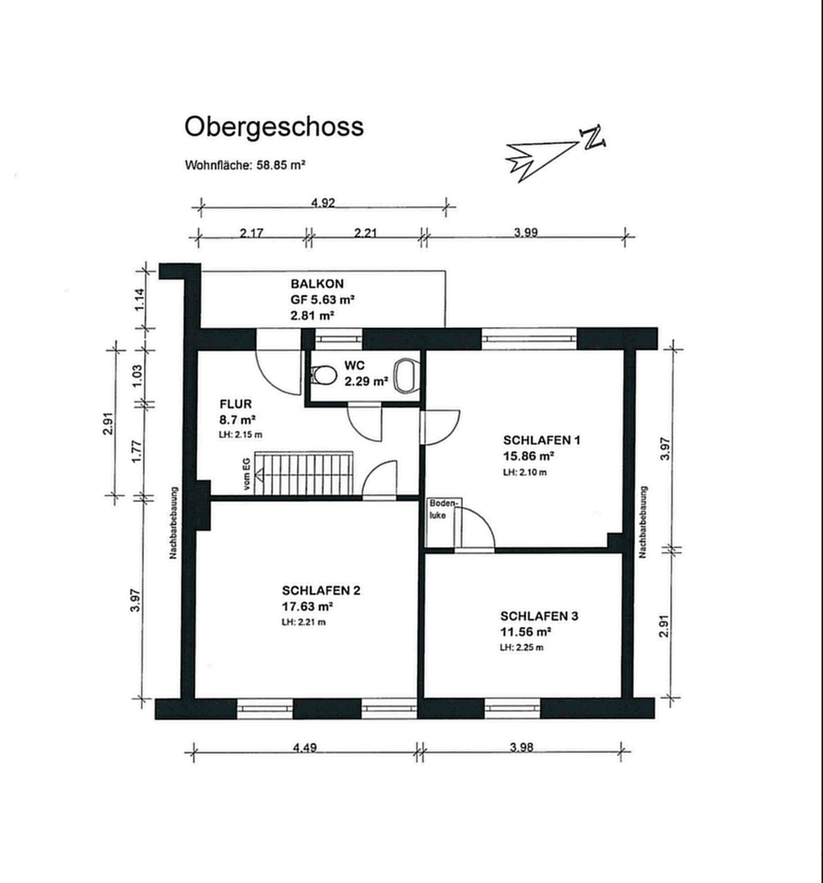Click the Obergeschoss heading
tap(273, 128)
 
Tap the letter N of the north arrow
tap(592, 138)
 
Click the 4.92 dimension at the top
tap(323, 203)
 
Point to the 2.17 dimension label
tap(251, 233)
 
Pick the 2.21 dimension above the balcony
tap(365, 233)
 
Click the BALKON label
tap(313, 285)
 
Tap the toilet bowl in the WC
tap(324, 376)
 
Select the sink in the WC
tap(406, 375)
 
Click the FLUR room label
tap(235, 404)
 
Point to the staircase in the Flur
tap(304, 473)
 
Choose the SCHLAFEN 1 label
tap(541, 440)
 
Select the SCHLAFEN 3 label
tap(539, 616)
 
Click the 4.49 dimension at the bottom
tap(304, 746)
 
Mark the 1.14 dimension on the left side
tap(140, 298)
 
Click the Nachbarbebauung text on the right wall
tap(644, 523)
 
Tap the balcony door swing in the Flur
tap(279, 370)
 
